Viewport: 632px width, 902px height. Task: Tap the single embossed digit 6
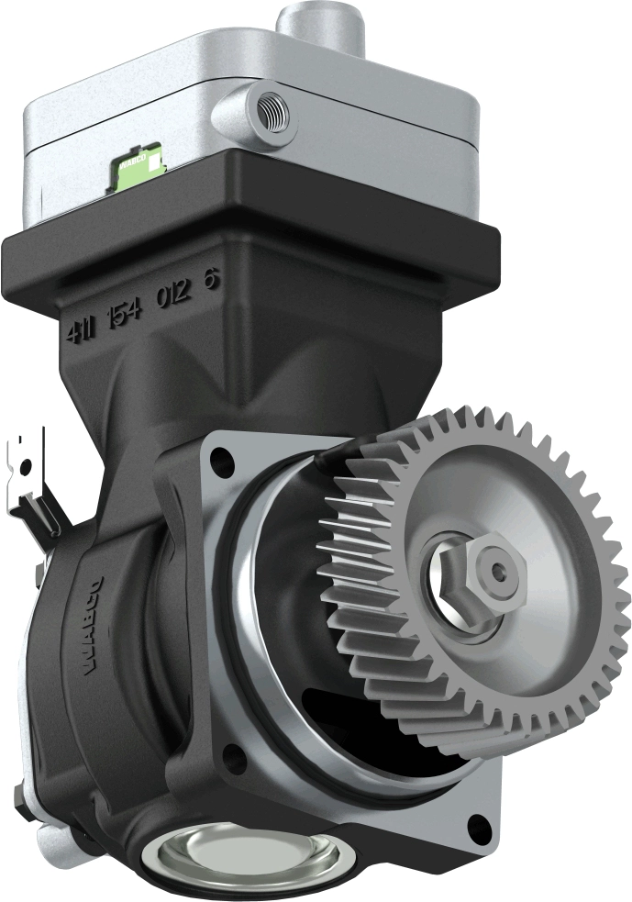tap(212, 281)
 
